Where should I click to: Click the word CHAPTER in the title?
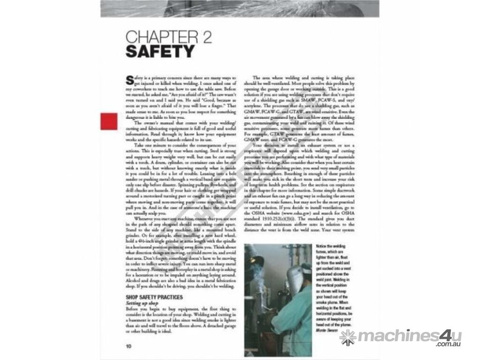[157, 37]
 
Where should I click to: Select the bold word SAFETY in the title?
[160, 52]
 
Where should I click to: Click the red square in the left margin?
[109, 121]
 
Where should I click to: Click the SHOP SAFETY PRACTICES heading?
[154, 297]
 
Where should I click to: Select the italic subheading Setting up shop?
[142, 303]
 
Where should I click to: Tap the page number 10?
[128, 346]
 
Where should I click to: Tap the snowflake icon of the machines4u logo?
[348, 337]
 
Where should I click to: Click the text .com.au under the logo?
[449, 345]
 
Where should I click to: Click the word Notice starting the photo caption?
[322, 246]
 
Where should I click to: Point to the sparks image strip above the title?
[240, 8]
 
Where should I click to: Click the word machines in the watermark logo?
[397, 336]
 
